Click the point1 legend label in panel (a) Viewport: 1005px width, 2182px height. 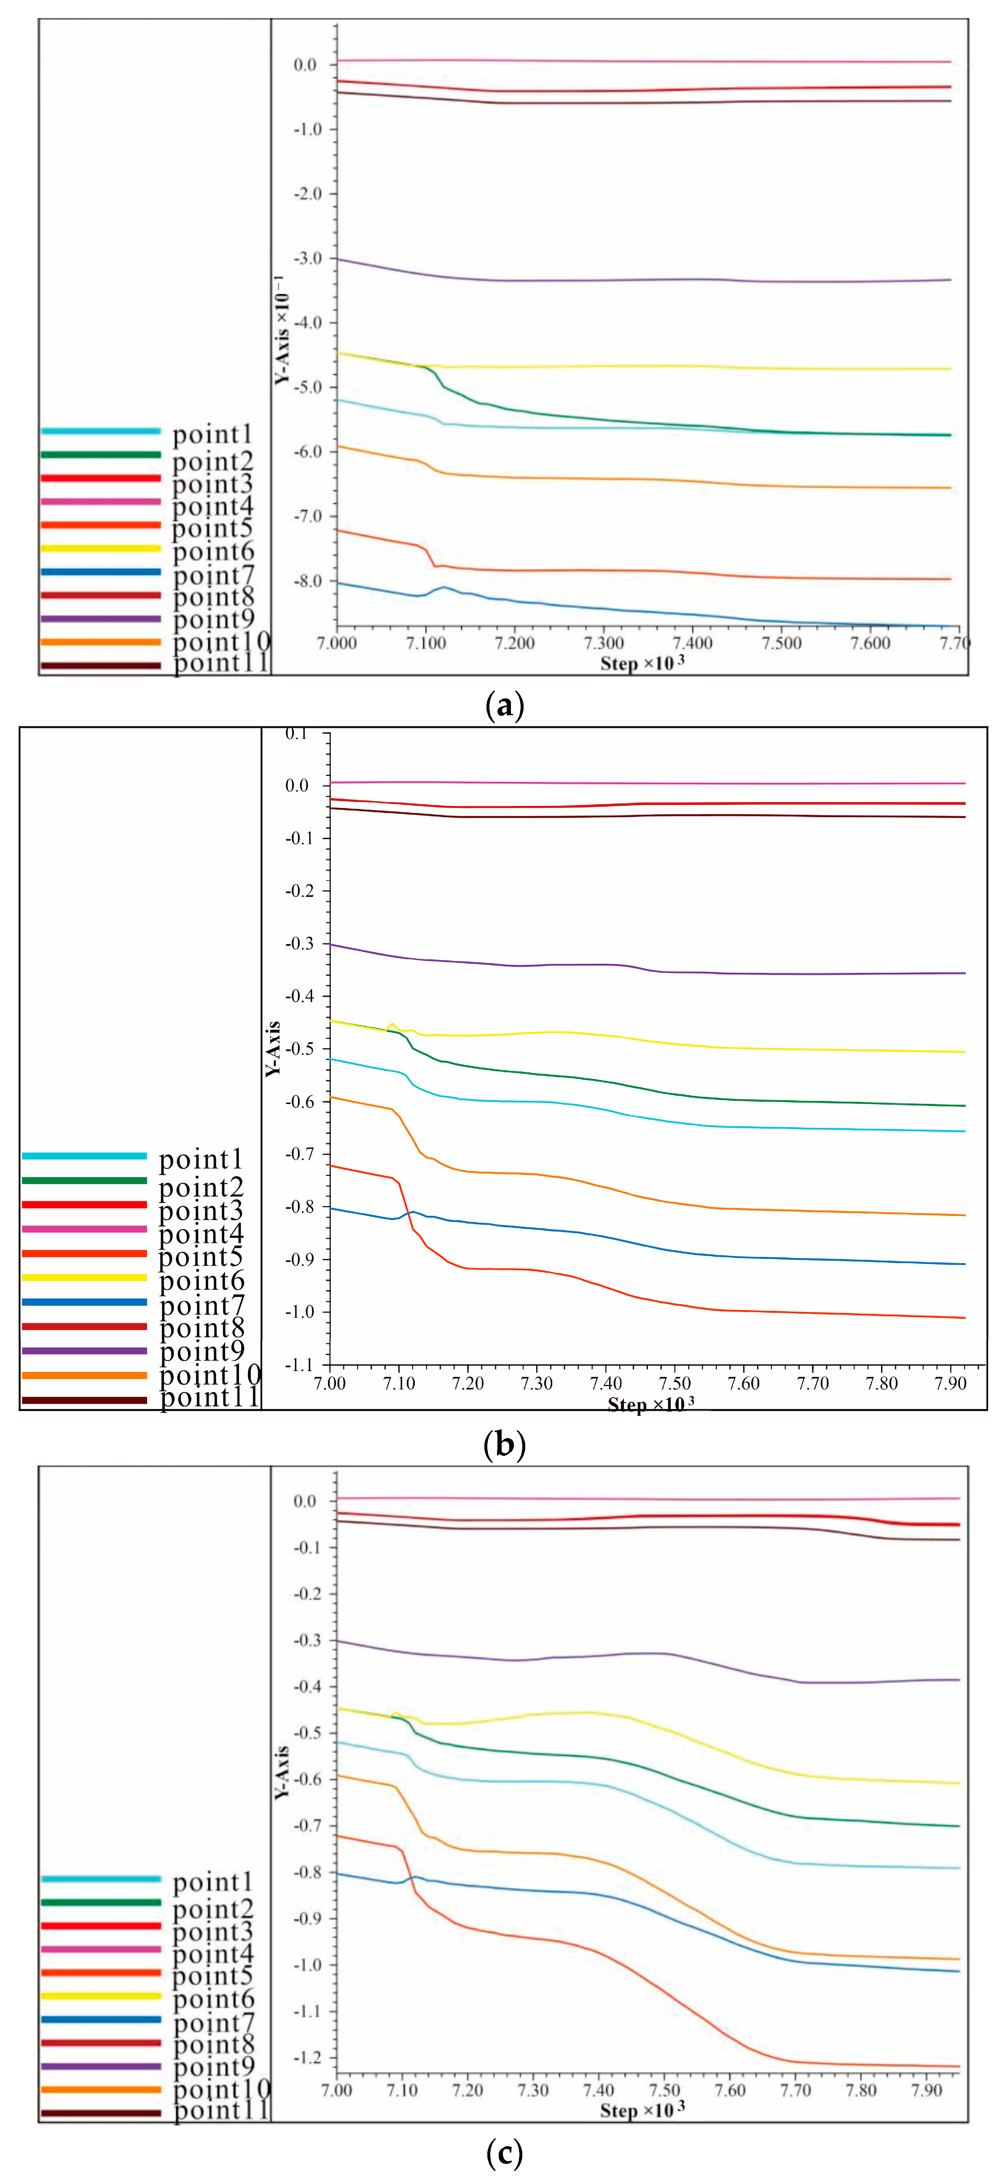click(213, 435)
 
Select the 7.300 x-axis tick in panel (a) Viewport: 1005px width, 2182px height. click(603, 643)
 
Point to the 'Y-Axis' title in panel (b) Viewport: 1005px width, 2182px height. click(273, 1049)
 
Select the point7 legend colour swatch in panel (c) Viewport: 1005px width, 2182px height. click(100, 2019)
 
